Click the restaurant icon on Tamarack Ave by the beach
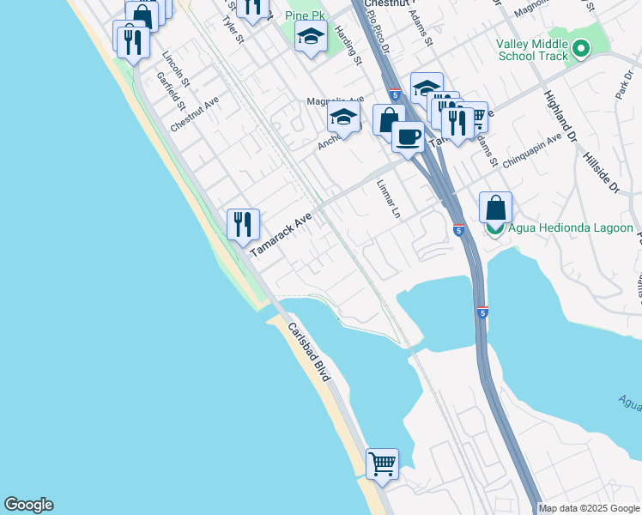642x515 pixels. coord(243,225)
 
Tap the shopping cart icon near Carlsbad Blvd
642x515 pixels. coord(382,464)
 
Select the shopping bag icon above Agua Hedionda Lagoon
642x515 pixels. coord(495,208)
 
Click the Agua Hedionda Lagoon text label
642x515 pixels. coord(571,228)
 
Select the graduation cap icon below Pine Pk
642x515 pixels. coord(311,37)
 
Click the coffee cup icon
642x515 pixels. coord(408,136)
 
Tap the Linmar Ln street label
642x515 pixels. coord(389,199)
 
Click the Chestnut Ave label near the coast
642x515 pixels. coord(195,112)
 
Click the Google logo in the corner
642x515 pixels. coord(28,505)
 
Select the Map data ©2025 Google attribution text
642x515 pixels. coord(589,508)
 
